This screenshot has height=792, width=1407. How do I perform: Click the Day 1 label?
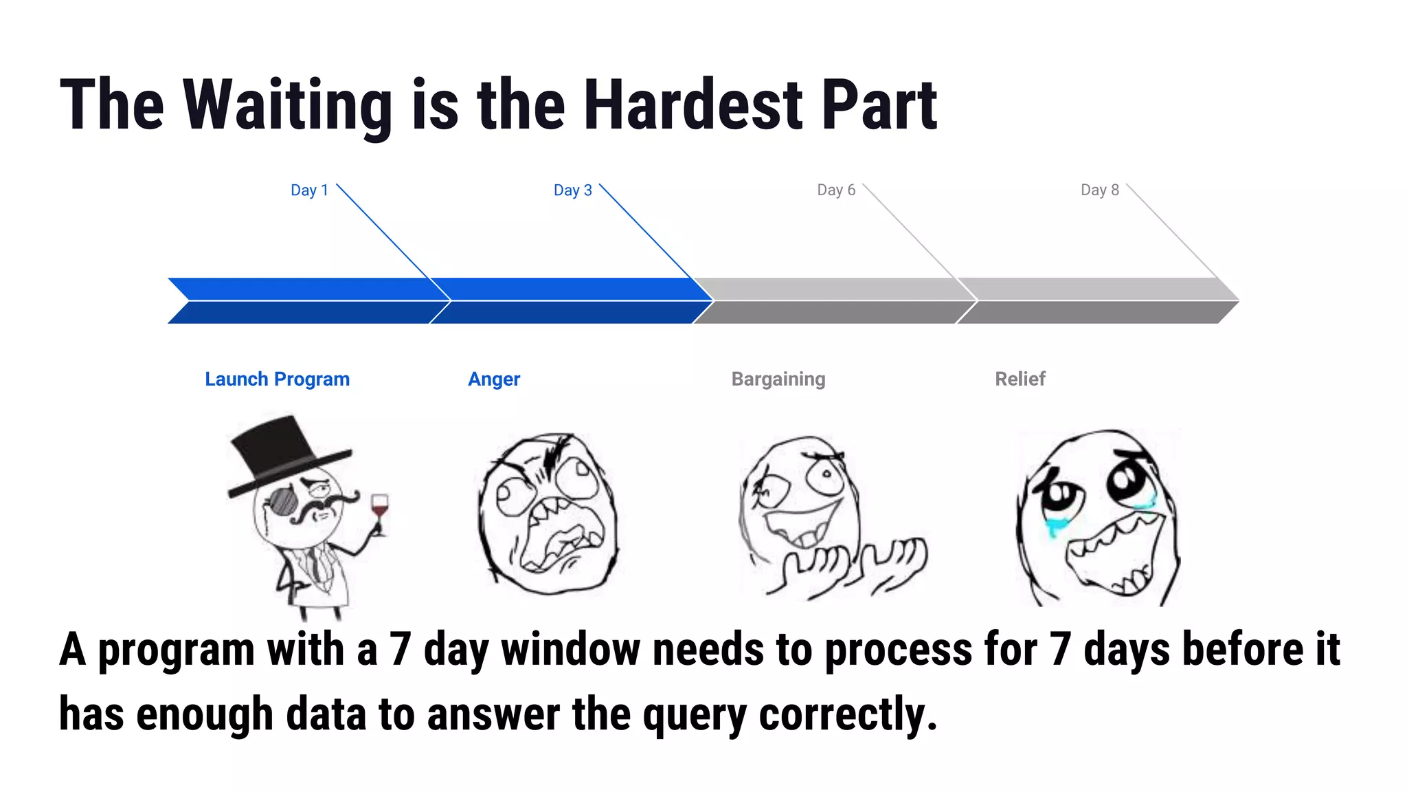[x=309, y=190]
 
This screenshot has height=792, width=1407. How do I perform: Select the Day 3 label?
[x=572, y=190]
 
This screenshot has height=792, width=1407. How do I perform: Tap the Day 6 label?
[x=836, y=190]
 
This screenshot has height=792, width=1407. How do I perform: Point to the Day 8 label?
[x=1099, y=190]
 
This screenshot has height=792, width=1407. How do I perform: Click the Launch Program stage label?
[x=277, y=379]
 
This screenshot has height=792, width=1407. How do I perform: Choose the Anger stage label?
[x=494, y=379]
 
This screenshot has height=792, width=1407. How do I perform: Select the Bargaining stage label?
[x=778, y=379]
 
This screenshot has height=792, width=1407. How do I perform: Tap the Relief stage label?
[x=1020, y=379]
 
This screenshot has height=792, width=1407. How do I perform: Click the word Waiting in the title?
[x=287, y=105]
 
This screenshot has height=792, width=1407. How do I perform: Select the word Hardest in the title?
[x=694, y=105]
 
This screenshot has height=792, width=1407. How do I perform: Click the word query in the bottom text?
[x=694, y=715]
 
